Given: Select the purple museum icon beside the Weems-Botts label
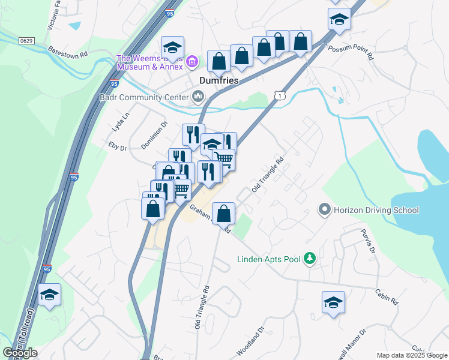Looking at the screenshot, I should [x=192, y=61].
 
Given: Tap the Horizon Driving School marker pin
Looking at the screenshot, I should [x=325, y=210].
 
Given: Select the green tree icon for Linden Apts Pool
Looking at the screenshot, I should [x=310, y=259].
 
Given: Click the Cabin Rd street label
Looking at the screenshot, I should [x=387, y=298].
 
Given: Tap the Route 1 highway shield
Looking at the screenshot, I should [x=278, y=95].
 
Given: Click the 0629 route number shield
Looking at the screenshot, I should [x=26, y=40].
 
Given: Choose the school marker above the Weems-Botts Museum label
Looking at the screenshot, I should [x=172, y=48].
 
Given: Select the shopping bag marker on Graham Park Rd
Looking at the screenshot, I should [x=223, y=213].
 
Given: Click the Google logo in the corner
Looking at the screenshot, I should [x=20, y=353].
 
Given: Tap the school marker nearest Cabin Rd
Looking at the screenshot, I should [x=333, y=303].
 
